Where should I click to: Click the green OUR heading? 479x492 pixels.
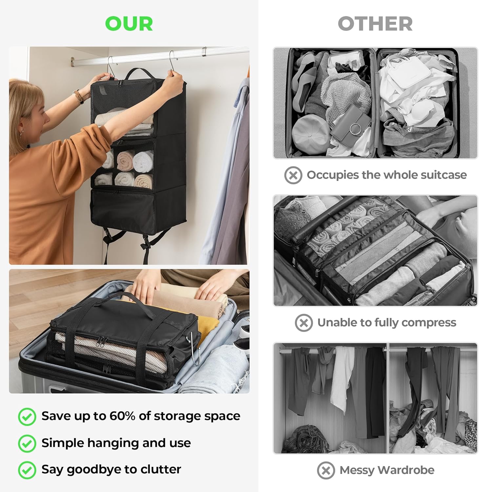point(129,24)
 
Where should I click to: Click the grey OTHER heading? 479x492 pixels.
point(375,24)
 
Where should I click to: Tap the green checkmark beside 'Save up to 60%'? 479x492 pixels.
point(27,417)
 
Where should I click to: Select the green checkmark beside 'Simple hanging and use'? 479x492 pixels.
point(27,443)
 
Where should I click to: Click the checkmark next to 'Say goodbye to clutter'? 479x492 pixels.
point(27,470)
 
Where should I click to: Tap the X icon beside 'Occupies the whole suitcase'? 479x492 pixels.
point(293,175)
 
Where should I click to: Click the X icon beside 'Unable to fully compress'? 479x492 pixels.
point(303,323)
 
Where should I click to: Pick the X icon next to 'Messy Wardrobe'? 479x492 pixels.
point(326,470)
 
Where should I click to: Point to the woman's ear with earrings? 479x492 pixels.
point(22,131)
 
